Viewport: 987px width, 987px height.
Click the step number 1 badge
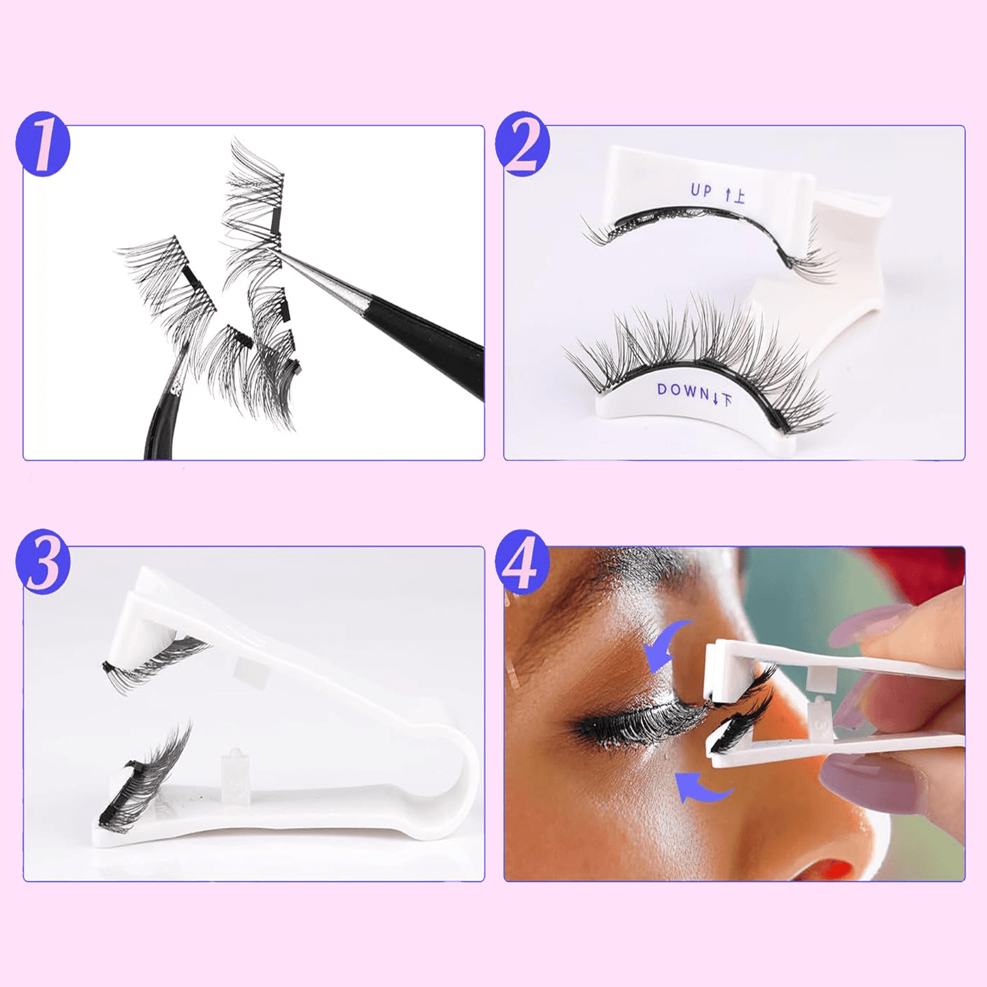42,144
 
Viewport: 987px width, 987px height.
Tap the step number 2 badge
523,144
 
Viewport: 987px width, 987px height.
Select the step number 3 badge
42,561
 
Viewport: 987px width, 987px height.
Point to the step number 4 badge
523,561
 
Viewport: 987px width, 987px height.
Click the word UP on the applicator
701,191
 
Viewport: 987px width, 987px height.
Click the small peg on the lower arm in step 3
233,772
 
